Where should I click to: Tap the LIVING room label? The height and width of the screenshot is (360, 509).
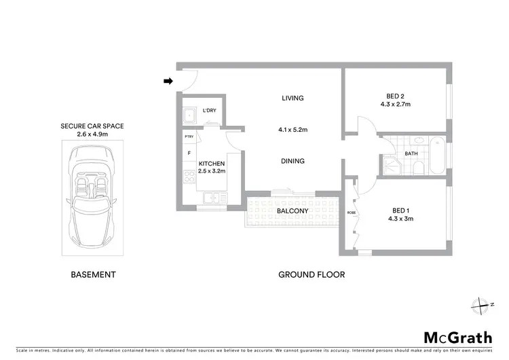[x=293, y=98]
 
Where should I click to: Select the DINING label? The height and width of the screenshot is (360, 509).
[x=293, y=161]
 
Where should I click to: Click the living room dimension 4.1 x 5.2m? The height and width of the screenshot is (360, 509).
[x=293, y=130]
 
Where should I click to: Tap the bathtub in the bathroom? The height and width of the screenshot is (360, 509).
[x=437, y=154]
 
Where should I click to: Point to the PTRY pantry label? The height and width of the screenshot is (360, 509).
[x=189, y=138]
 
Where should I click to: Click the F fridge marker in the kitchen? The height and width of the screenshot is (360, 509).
[x=189, y=153]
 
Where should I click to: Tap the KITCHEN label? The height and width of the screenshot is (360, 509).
[x=211, y=163]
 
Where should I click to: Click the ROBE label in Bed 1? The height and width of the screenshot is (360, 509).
[x=351, y=213]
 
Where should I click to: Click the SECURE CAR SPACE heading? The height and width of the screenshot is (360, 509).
[x=92, y=126]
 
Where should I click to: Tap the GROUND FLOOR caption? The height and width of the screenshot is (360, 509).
[x=312, y=275]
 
